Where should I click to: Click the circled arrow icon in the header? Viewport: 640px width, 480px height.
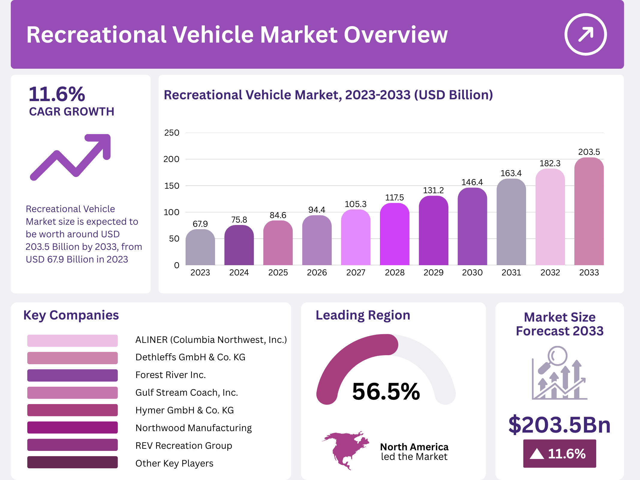585,34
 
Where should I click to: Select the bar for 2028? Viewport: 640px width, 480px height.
394,234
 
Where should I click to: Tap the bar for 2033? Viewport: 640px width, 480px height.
589,211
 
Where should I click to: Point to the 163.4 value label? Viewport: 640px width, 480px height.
511,173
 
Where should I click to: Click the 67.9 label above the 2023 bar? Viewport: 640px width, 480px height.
200,224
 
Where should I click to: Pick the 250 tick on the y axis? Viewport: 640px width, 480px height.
172,133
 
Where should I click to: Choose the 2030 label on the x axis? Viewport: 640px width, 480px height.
472,272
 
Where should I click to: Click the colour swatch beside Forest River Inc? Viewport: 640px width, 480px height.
72,375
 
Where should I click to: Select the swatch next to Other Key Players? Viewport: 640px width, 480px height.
72,462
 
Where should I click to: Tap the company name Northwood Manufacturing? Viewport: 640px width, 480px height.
193,428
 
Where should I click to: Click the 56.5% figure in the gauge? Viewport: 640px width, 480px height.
386,391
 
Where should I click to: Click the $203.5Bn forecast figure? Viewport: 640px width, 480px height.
559,424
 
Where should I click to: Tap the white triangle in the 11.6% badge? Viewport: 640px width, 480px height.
537,454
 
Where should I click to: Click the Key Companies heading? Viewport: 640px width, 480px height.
71,315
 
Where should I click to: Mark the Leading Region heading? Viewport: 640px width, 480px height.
363,315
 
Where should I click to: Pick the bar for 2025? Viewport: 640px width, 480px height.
278,243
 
